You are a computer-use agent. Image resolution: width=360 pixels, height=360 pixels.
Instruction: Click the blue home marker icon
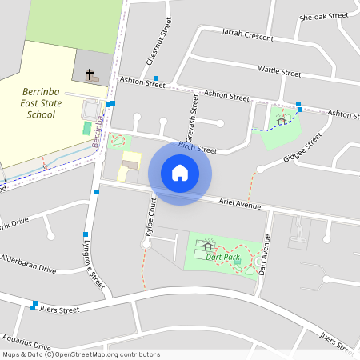(x=179, y=173)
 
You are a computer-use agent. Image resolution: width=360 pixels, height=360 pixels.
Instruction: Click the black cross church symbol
(x=90, y=73)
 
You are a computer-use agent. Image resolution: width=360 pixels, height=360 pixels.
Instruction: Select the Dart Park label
(x=222, y=257)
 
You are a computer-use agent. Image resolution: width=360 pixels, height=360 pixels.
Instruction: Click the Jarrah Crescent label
(x=238, y=36)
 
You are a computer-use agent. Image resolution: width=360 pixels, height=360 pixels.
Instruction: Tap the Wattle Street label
(x=279, y=72)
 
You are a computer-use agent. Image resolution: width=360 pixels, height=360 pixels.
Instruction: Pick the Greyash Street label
(x=192, y=111)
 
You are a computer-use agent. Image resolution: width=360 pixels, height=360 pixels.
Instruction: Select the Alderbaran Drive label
(x=28, y=265)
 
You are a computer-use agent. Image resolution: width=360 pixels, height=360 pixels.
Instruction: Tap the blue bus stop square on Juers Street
(x=34, y=307)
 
